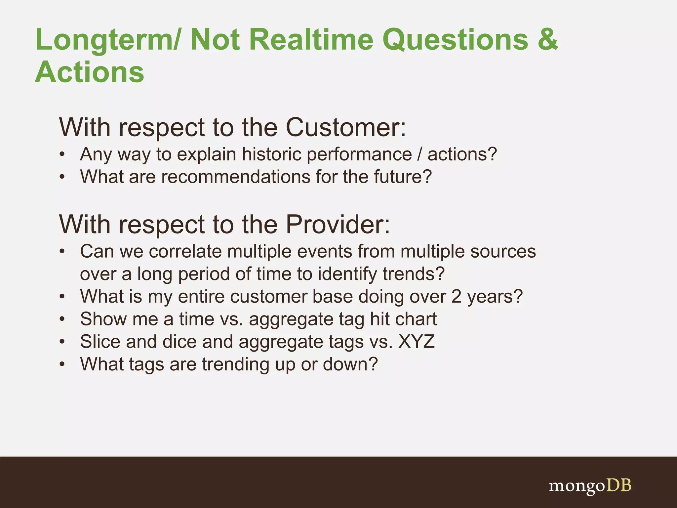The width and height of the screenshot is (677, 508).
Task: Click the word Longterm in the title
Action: (x=106, y=40)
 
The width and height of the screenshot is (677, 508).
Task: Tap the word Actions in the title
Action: (x=90, y=72)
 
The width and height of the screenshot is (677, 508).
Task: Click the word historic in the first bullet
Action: (x=271, y=154)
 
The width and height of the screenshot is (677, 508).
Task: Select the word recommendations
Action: (x=235, y=177)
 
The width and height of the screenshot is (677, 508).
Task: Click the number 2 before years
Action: (x=456, y=296)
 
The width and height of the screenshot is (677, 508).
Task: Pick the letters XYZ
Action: (x=417, y=341)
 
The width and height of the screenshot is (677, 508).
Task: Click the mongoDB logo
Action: (x=590, y=486)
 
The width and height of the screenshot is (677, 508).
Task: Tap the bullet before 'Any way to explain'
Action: (x=62, y=154)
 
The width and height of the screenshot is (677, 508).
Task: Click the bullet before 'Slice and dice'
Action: (x=62, y=342)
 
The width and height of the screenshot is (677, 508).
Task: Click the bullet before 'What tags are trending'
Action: (x=62, y=364)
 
